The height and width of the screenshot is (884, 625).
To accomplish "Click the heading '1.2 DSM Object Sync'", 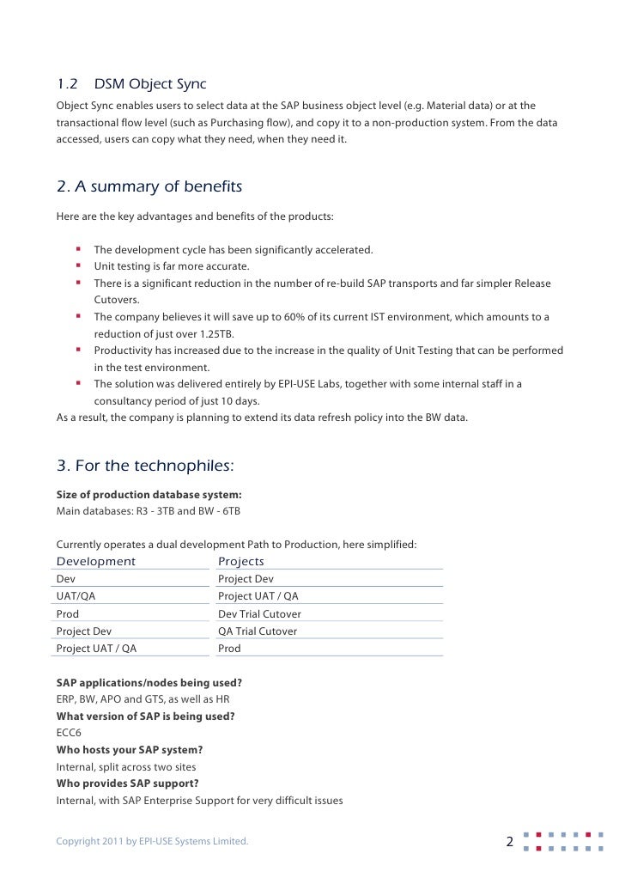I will coord(131,84).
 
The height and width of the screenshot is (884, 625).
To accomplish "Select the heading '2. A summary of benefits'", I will coord(149,186).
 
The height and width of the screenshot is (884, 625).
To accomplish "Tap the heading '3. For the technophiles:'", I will coord(145,466).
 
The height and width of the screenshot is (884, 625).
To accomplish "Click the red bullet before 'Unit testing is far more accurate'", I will coord(76,266).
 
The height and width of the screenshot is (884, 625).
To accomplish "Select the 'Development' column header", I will coord(96,562).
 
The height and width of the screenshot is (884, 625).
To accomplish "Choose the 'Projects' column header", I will coord(241,562).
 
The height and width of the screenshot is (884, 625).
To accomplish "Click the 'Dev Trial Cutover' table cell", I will coord(259,614).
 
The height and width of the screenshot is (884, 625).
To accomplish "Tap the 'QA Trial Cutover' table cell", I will coord(258,631).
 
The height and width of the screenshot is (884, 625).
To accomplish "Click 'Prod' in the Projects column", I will coord(229,649).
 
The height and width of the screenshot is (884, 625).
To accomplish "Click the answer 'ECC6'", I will coord(70,733).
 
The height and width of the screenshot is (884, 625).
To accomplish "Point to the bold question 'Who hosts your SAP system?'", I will coord(130,750).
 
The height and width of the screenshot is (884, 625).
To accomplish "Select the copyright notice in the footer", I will coord(152,841).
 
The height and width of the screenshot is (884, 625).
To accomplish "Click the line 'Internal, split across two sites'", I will coord(126,766).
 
